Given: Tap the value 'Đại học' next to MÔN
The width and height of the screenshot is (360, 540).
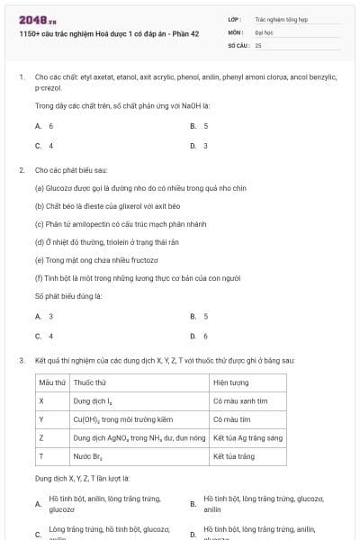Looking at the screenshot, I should (265, 31).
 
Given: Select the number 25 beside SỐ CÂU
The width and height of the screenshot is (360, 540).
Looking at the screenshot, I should (258, 44).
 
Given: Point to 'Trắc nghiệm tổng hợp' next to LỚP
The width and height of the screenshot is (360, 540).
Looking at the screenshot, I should (280, 18).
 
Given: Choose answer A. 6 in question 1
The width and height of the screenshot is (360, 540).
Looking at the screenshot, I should (45, 126).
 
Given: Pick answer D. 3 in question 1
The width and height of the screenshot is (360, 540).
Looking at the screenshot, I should (200, 145).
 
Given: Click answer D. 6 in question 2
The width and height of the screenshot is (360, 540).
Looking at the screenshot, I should (200, 336).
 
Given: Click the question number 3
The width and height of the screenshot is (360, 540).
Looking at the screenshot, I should (21, 361).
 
